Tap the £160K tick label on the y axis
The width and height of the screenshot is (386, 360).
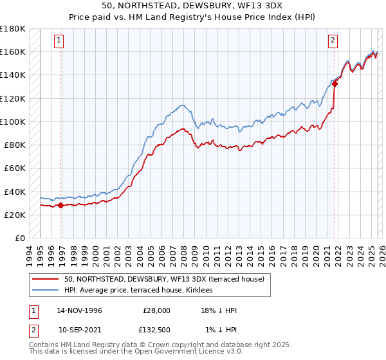coord(13,51)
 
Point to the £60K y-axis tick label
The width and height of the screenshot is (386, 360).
coord(15,168)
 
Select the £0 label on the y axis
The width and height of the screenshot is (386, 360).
coord(21,238)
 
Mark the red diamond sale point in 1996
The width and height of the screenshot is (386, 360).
coord(60,206)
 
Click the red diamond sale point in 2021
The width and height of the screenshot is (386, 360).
coord(335,84)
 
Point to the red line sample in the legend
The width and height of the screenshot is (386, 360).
coord(45,279)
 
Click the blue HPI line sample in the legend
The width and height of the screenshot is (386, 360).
coord(45,290)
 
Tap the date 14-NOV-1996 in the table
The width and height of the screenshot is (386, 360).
coord(79,310)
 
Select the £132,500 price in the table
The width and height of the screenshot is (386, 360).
coord(156,330)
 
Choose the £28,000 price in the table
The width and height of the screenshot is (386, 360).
coord(156,310)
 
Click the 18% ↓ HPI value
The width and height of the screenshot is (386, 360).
coord(219,310)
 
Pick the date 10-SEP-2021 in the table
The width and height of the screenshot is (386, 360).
coord(79,330)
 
